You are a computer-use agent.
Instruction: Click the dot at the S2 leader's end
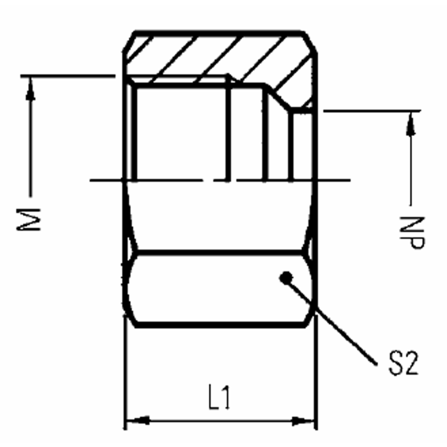286,277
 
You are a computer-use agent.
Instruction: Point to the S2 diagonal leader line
332,319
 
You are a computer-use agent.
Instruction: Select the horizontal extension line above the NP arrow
370,111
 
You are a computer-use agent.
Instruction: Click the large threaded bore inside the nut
179,134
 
